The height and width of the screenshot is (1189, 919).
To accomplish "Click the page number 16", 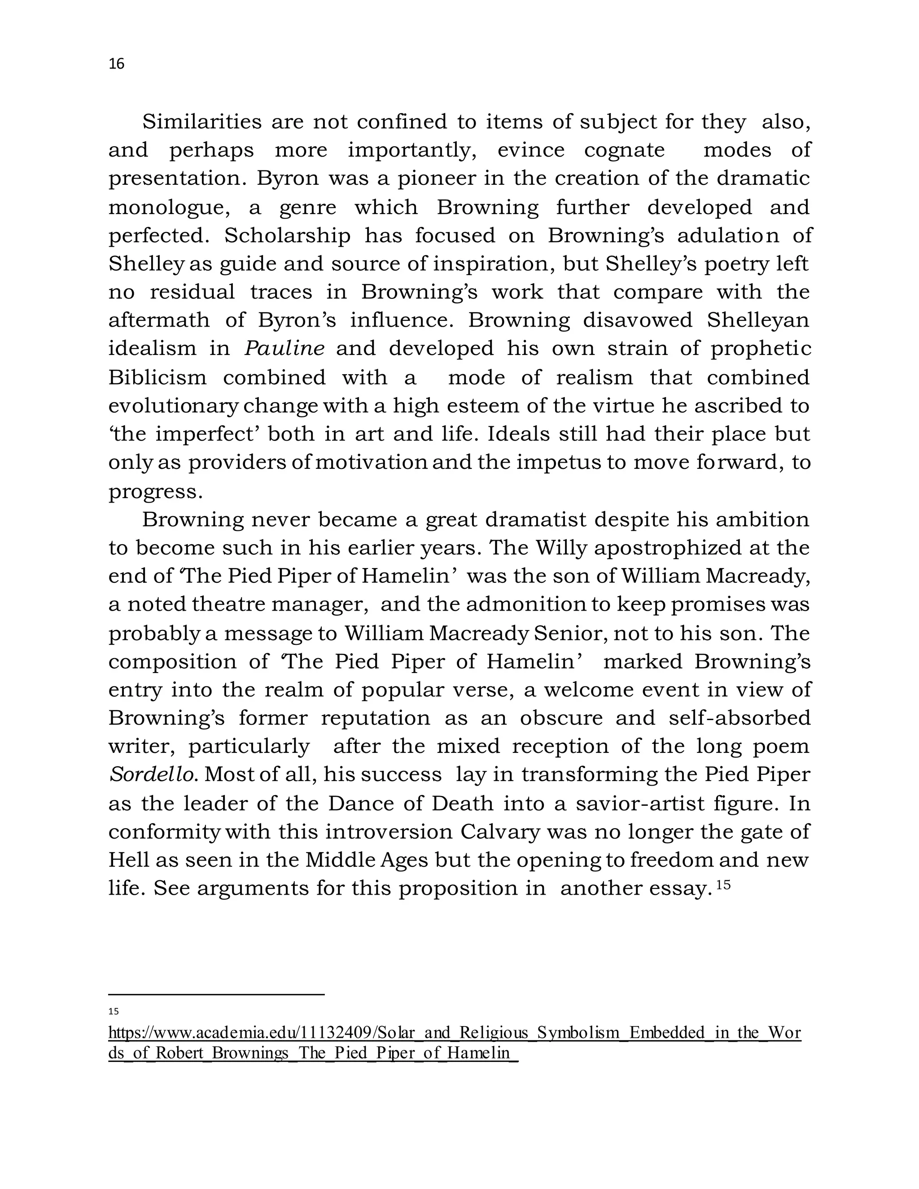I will tap(117, 64).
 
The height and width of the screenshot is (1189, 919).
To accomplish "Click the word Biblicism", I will tap(158, 377).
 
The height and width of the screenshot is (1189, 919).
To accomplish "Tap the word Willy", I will tap(561, 548).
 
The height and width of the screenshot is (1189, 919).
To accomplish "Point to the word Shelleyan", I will tap(758, 320).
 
